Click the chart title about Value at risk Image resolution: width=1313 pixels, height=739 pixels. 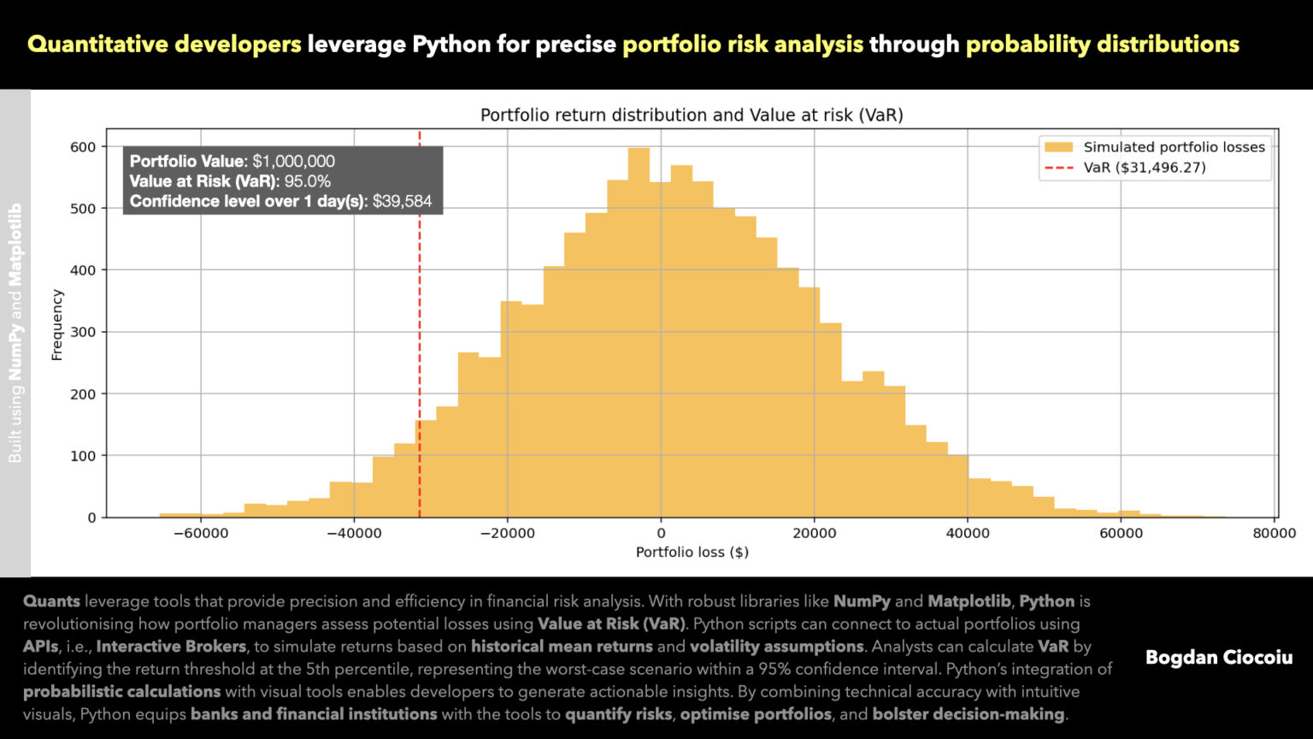(x=691, y=115)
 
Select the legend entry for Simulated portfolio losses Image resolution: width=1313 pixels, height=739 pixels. (x=1173, y=147)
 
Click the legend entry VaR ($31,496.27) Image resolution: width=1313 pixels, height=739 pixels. (x=1144, y=168)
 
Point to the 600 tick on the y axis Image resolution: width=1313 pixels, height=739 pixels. (x=83, y=147)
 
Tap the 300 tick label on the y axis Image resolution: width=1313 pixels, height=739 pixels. (x=83, y=332)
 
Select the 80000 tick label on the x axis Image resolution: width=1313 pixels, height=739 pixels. (x=1274, y=533)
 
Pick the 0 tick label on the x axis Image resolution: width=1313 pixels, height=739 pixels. (x=660, y=533)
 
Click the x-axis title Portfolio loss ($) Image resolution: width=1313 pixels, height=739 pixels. (x=692, y=553)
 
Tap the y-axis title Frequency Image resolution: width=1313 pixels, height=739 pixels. (x=57, y=325)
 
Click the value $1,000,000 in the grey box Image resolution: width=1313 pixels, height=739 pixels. (x=293, y=161)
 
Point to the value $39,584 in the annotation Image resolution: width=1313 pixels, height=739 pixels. (x=402, y=202)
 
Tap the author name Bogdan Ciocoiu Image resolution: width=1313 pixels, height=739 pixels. (x=1218, y=658)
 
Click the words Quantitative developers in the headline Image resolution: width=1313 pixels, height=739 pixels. (x=164, y=44)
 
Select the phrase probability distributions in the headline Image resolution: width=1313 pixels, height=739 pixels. (x=1102, y=44)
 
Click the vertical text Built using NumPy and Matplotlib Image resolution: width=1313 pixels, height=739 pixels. (x=15, y=334)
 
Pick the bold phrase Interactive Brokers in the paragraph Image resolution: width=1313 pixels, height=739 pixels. (x=171, y=647)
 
